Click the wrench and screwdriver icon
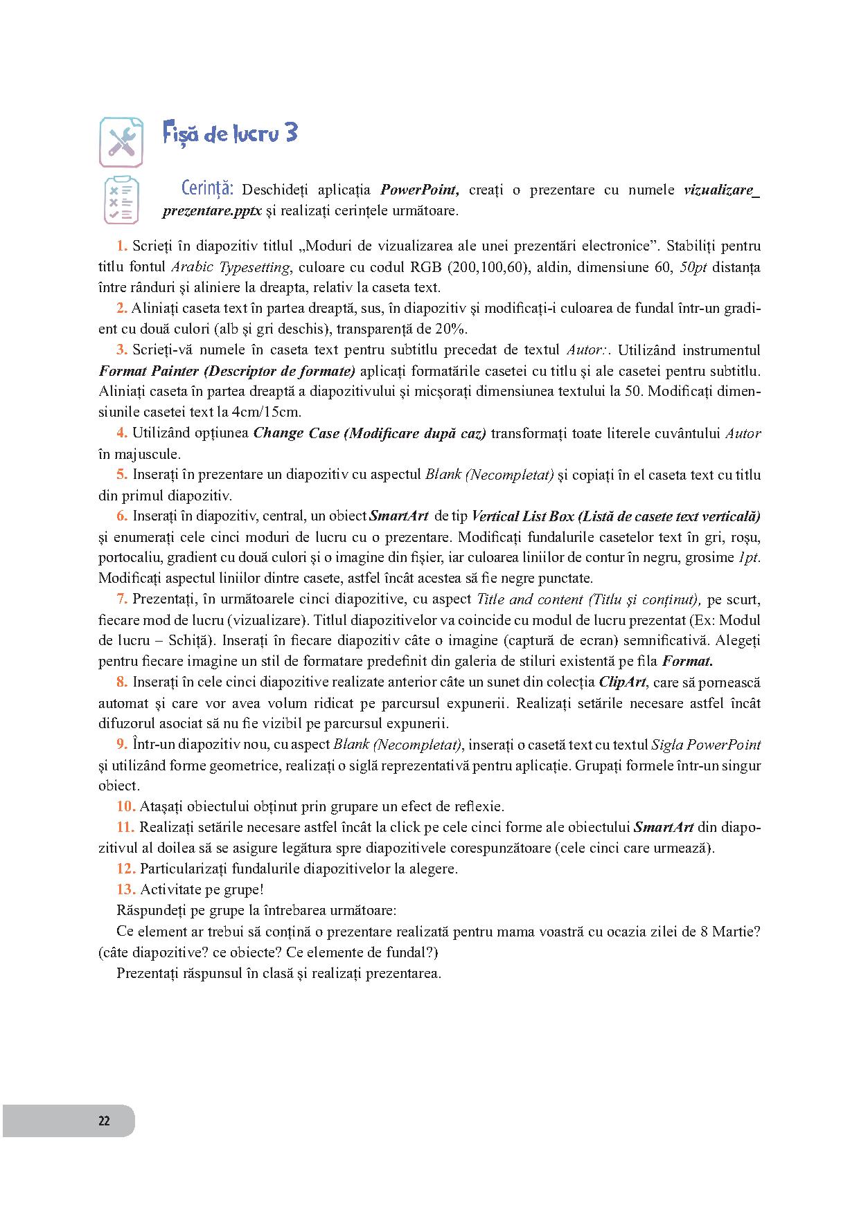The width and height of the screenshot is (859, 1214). pyautogui.click(x=121, y=142)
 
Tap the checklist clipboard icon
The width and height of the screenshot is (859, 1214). pyautogui.click(x=121, y=201)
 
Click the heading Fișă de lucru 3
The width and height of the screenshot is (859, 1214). pyautogui.click(x=230, y=132)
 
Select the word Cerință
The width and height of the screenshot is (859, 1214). pyautogui.click(x=206, y=189)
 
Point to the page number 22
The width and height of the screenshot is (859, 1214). pyautogui.click(x=104, y=1121)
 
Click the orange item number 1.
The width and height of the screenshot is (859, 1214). pyautogui.click(x=121, y=246)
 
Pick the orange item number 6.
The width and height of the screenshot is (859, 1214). pyautogui.click(x=121, y=516)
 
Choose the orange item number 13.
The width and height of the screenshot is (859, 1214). pyautogui.click(x=125, y=889)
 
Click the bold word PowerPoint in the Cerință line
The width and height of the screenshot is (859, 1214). pyautogui.click(x=420, y=190)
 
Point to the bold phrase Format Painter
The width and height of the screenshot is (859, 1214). pyautogui.click(x=148, y=371)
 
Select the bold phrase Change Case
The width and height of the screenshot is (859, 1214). pyautogui.click(x=296, y=433)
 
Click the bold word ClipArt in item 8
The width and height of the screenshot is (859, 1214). pyautogui.click(x=621, y=682)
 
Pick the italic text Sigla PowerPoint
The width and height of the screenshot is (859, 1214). pyautogui.click(x=706, y=745)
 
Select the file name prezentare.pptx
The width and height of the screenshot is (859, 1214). pyautogui.click(x=212, y=211)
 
